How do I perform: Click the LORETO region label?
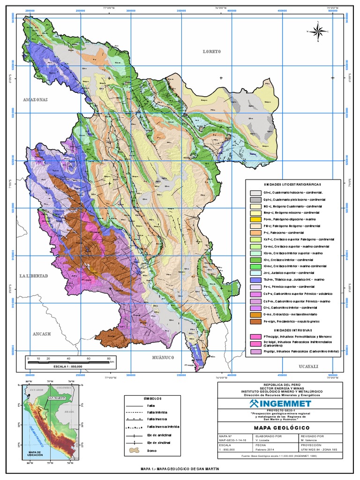[x=211, y=52]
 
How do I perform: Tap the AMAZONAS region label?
[x=36, y=100]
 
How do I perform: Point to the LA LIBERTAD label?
[x=34, y=276]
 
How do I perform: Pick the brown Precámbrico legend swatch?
[x=255, y=322]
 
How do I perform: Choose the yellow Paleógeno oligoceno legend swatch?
[x=255, y=219]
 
